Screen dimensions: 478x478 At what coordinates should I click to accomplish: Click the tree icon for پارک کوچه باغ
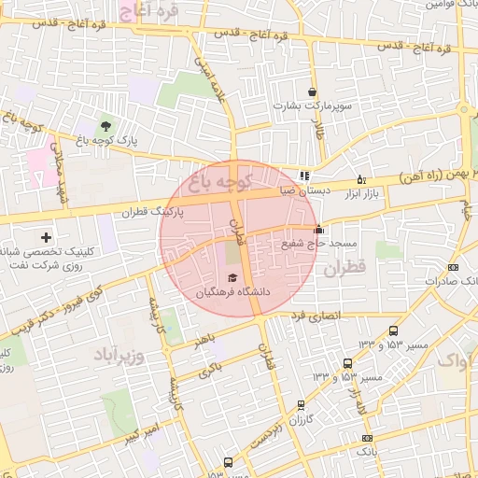click(x=105, y=126)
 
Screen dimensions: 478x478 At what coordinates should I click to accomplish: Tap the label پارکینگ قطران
click(x=153, y=212)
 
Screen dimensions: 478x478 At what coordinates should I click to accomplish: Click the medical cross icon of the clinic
click(x=46, y=238)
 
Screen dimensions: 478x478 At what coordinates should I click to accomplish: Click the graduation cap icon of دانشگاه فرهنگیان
click(x=232, y=277)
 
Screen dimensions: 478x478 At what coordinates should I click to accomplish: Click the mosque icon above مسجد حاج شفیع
click(x=318, y=230)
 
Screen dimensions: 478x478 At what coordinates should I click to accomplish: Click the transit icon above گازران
click(x=300, y=404)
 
